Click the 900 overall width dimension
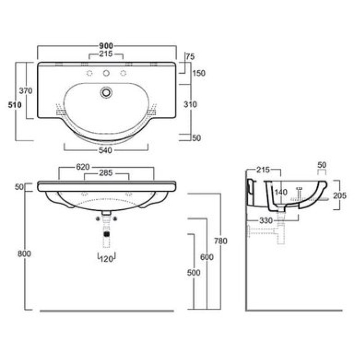click(x=106, y=45)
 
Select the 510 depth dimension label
click(x=15, y=105)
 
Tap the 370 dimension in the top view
click(x=26, y=91)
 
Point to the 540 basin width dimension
click(x=105, y=150)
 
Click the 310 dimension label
click(x=190, y=104)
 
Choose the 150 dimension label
click(x=199, y=73)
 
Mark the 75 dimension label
click(x=190, y=57)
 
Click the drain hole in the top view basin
click(x=106, y=92)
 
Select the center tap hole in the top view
click(x=106, y=73)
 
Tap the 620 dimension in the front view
click(x=83, y=167)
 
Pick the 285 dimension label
click(x=106, y=173)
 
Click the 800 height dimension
click(x=24, y=254)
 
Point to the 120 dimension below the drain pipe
click(x=107, y=259)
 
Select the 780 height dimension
click(x=220, y=241)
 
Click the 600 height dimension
click(x=207, y=257)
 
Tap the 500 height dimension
click(x=194, y=273)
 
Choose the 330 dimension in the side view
click(x=266, y=220)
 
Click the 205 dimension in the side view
click(x=340, y=196)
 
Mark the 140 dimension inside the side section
click(x=281, y=192)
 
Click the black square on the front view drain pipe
click(x=106, y=234)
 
